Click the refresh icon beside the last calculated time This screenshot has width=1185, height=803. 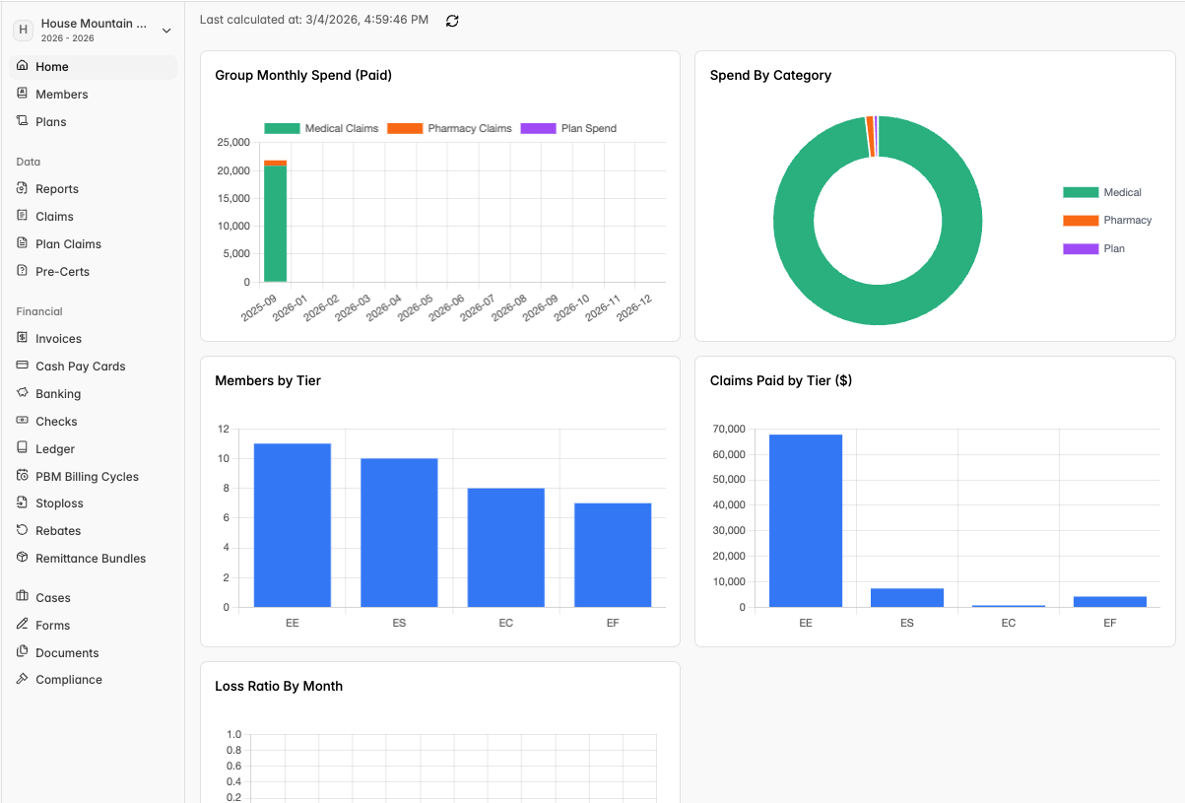click(452, 21)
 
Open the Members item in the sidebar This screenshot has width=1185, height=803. click(61, 95)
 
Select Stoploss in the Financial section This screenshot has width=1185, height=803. click(59, 503)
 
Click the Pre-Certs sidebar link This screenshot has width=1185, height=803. click(62, 271)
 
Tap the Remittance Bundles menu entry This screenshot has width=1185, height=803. click(91, 558)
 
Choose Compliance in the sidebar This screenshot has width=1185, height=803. click(69, 679)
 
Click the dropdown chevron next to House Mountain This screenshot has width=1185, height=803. click(166, 31)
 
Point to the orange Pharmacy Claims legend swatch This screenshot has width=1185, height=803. click(405, 128)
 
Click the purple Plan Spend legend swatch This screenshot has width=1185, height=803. click(538, 128)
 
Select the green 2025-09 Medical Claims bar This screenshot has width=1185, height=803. click(275, 224)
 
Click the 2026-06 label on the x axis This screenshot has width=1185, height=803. click(446, 307)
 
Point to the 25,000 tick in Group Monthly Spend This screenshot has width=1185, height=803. click(233, 142)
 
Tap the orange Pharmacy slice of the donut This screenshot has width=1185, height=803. click(869, 137)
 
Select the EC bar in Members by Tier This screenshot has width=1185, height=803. click(505, 548)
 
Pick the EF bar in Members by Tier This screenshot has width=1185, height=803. click(613, 555)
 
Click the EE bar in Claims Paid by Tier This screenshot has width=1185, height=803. click(806, 520)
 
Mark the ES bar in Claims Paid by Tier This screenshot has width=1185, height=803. click(907, 598)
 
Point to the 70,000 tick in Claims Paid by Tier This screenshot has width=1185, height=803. click(729, 429)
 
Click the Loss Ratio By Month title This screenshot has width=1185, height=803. click(279, 686)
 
